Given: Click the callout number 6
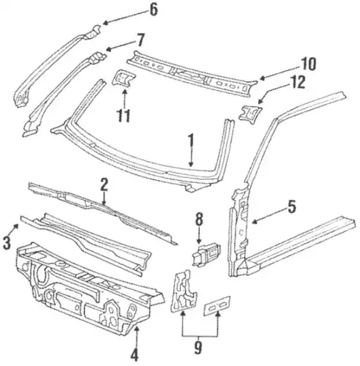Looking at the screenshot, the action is point(153,10).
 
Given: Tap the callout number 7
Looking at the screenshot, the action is point(140,40).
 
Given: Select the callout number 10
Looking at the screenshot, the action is point(308,64).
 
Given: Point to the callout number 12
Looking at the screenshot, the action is point(298,82).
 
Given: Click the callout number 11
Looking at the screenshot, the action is point(124,116).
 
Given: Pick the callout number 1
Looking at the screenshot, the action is point(191,140).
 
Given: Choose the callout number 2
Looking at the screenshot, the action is point(104,184).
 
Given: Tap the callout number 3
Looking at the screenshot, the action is point(7,242).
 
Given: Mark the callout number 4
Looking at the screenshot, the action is point(134,354).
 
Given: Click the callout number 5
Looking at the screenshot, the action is point(291,206).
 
